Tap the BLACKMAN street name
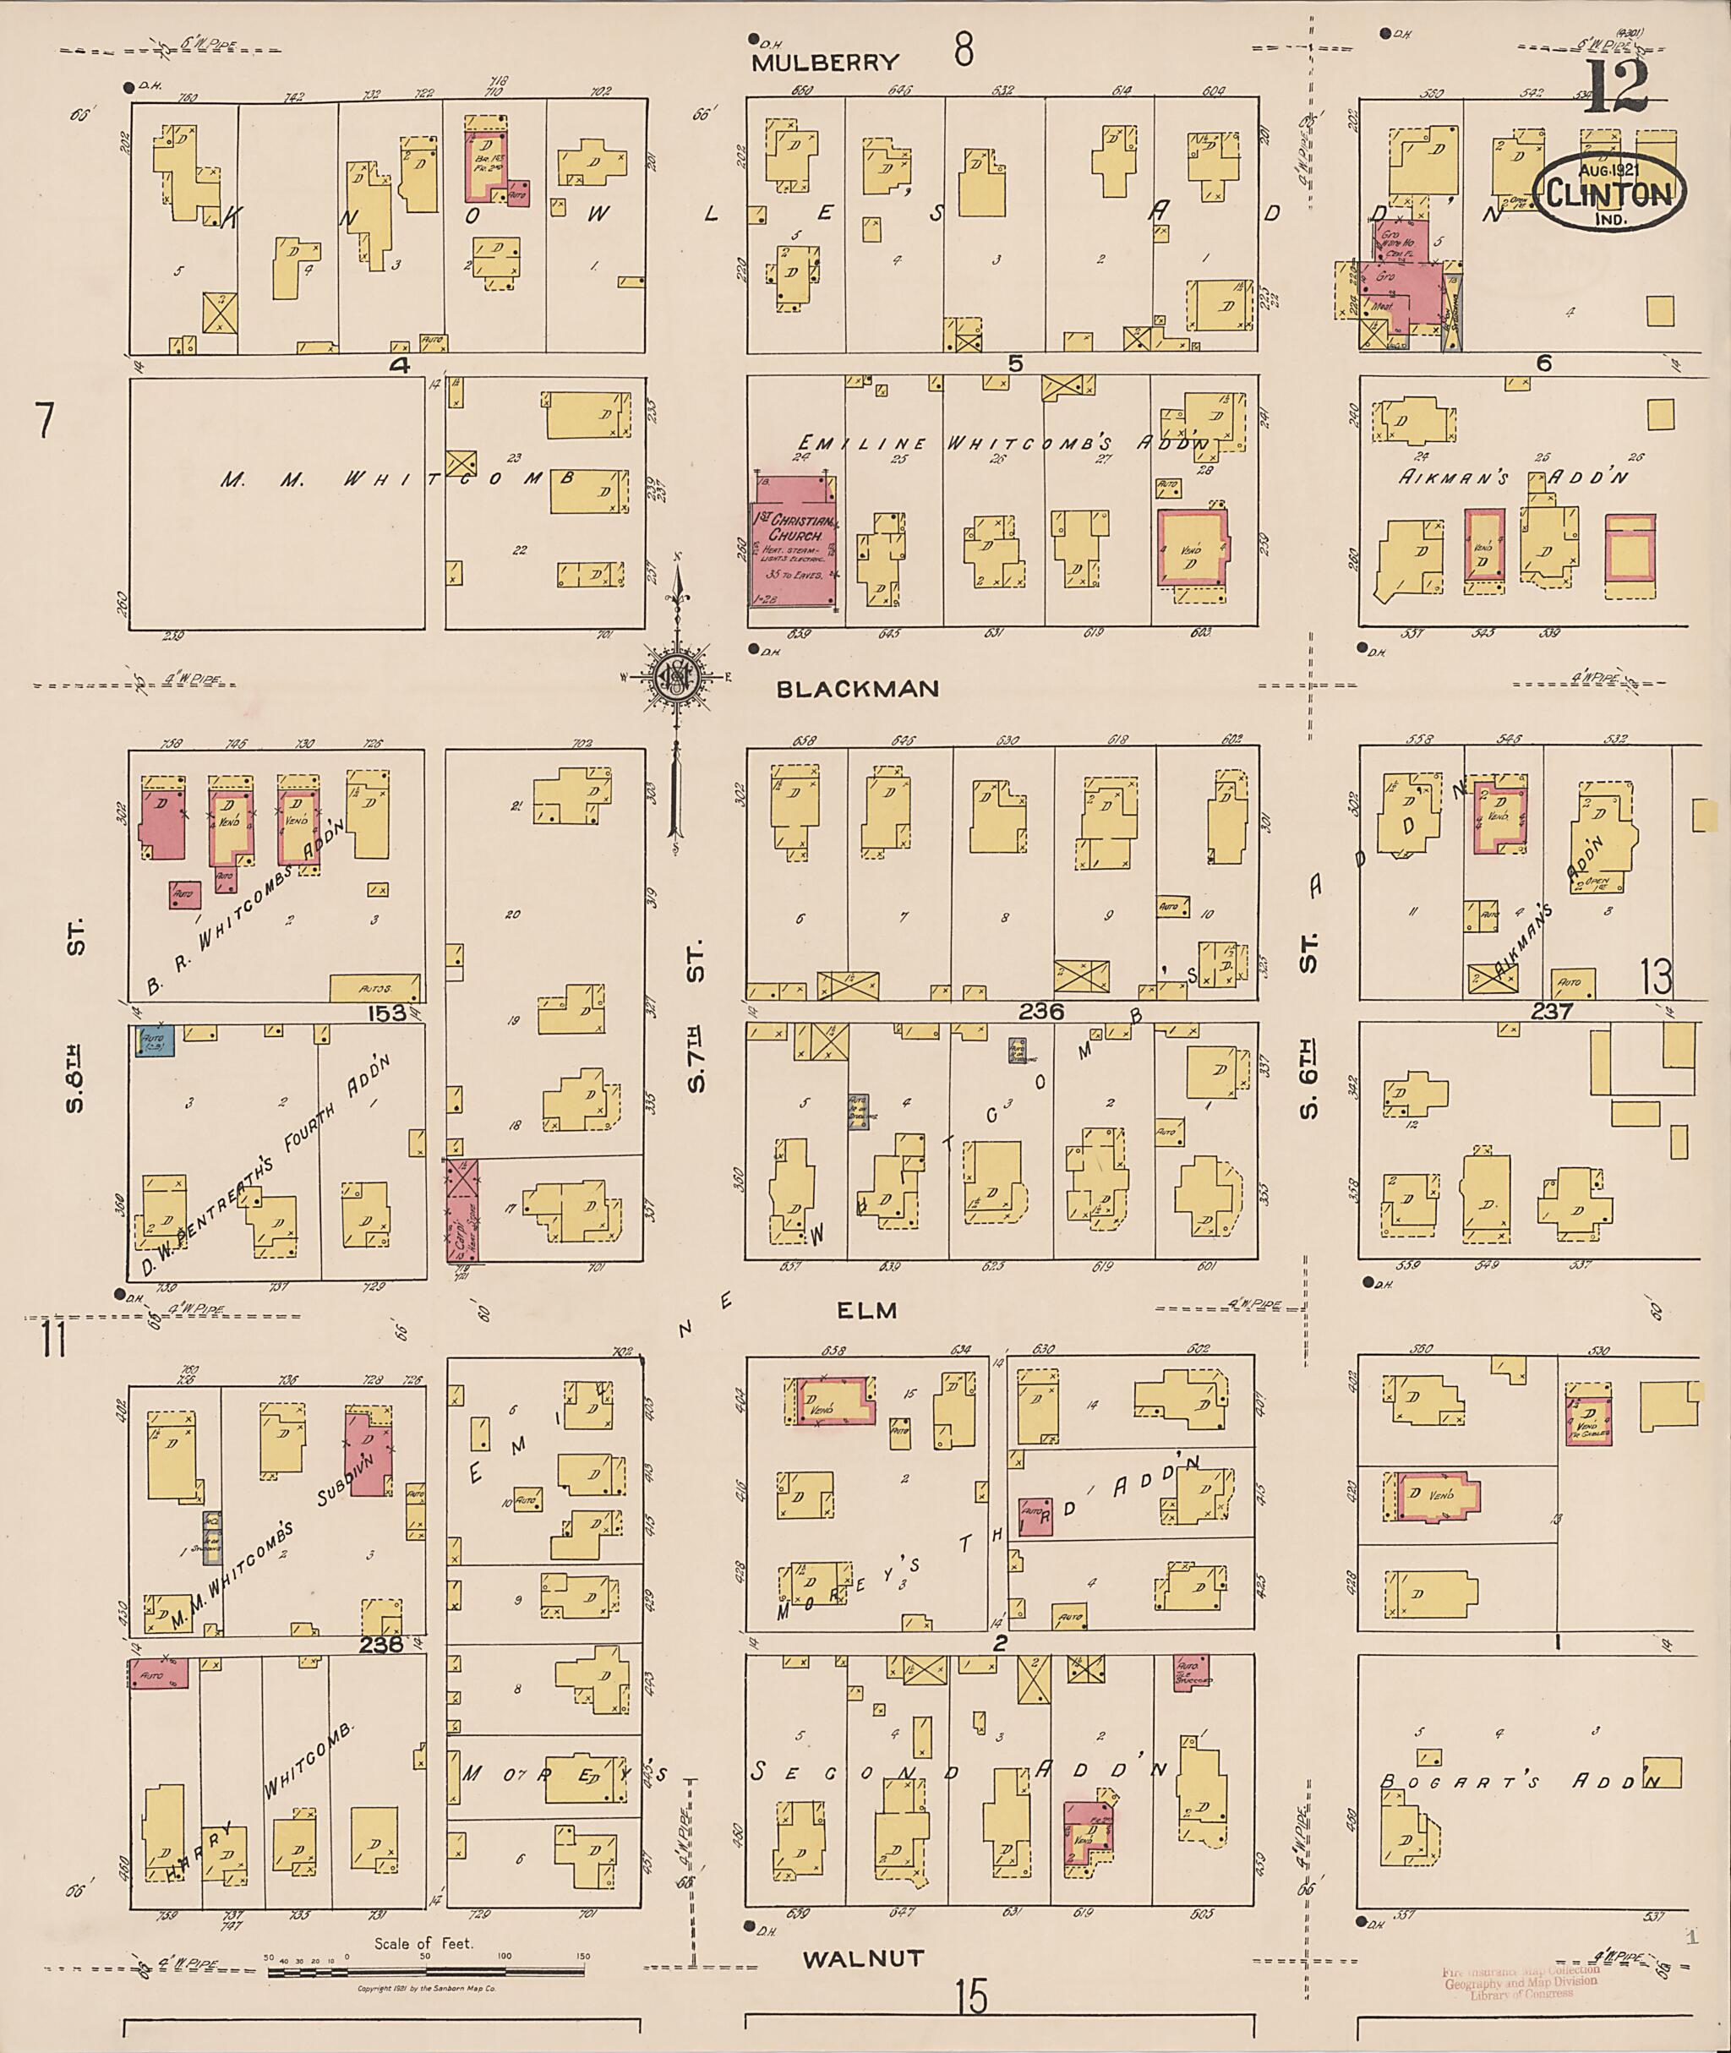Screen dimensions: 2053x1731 pyautogui.click(x=857, y=689)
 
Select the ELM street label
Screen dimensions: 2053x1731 pyautogui.click(x=867, y=1310)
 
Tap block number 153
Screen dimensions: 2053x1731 pyautogui.click(x=388, y=1012)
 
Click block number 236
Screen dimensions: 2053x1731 pyautogui.click(x=1042, y=1011)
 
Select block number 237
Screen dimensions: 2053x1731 pyautogui.click(x=1552, y=1011)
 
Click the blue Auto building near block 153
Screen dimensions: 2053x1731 pyautogui.click(x=155, y=1040)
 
